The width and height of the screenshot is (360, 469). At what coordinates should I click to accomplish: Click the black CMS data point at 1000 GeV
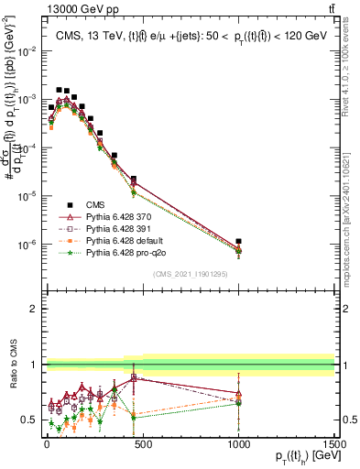[238, 242]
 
